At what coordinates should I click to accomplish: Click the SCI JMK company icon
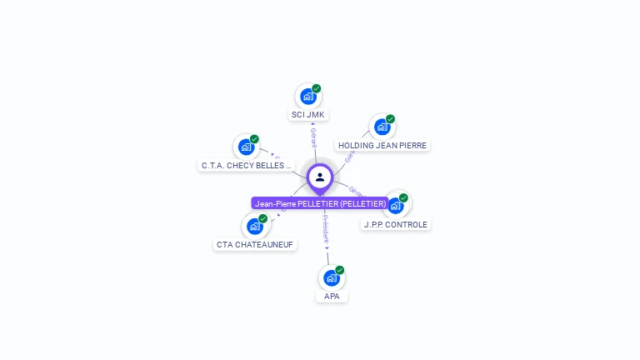click(x=307, y=96)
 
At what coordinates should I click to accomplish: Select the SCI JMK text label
click(x=308, y=115)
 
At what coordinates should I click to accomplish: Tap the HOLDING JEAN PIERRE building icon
click(x=381, y=127)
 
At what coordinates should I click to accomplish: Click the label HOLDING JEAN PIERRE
click(x=382, y=146)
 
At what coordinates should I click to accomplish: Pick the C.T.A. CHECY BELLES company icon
click(x=246, y=147)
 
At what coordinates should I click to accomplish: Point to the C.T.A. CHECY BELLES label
click(x=247, y=166)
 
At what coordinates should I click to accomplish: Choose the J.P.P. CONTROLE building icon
click(x=395, y=205)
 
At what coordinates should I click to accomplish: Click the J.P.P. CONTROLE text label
click(x=396, y=225)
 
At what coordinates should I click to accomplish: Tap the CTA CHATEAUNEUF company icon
click(x=254, y=226)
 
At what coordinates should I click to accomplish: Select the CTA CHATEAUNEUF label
click(x=255, y=245)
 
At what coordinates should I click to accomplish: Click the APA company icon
click(x=331, y=277)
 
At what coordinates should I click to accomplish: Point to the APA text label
click(x=332, y=297)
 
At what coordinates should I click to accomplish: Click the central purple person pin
click(x=320, y=177)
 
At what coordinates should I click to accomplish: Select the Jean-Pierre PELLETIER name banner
click(x=321, y=203)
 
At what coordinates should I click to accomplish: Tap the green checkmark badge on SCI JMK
click(x=317, y=88)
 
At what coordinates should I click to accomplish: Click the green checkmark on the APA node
click(x=340, y=270)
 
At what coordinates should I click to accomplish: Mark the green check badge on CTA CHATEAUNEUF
click(x=263, y=218)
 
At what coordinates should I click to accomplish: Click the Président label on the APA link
click(x=326, y=229)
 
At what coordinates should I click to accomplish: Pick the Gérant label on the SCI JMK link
click(x=313, y=137)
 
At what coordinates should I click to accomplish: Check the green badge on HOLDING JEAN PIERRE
click(x=390, y=119)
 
